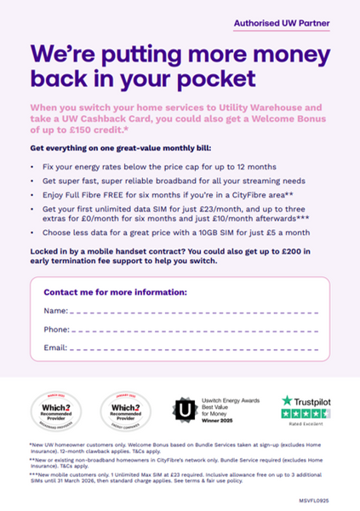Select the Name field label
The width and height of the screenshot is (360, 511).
[x=55, y=310]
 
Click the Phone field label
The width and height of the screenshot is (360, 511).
[x=56, y=329]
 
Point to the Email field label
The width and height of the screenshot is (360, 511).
[x=55, y=347]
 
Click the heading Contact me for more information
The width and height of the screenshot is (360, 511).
[x=115, y=291]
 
